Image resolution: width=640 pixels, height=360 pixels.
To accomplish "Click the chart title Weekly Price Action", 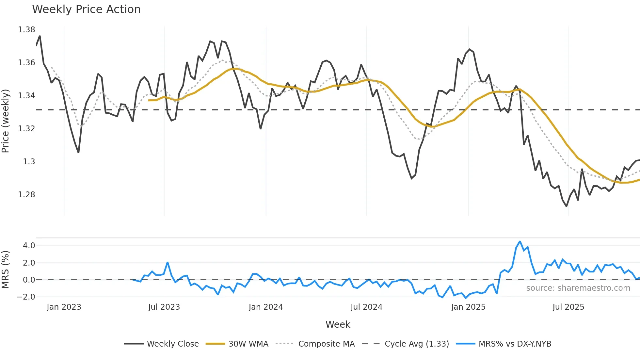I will (x=86, y=9).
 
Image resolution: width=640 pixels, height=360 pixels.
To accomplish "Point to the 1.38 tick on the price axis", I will (x=26, y=30).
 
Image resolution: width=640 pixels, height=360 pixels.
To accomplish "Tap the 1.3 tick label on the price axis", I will (x=29, y=162).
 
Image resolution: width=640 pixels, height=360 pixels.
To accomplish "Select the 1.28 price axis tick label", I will (x=26, y=195).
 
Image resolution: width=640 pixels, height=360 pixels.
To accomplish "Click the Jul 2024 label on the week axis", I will (x=366, y=307).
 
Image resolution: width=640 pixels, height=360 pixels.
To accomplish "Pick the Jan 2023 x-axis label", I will (x=64, y=307).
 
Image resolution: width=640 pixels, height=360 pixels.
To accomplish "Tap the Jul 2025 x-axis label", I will (x=568, y=307).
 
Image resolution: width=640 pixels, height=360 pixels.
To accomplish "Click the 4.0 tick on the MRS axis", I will (x=29, y=246).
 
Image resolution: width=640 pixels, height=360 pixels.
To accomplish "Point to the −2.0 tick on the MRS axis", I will (x=26, y=297).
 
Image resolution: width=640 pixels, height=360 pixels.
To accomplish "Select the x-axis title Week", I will (x=338, y=324).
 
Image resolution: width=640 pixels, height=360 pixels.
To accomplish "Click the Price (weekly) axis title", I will (x=6, y=121).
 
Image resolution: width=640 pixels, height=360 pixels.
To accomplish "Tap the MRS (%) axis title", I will (x=6, y=270).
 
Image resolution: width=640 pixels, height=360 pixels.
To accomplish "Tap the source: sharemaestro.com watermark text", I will (x=578, y=288).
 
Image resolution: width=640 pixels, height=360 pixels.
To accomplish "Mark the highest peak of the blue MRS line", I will (x=520, y=241).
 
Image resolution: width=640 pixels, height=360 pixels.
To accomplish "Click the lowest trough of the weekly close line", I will (x=567, y=206).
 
